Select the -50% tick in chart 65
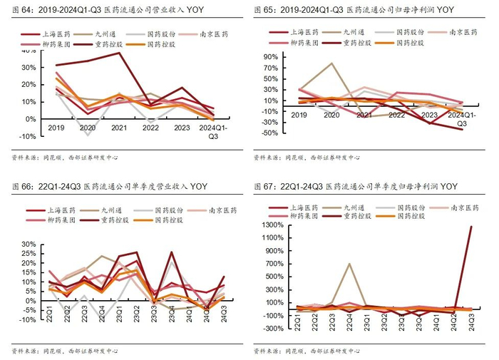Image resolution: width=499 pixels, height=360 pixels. click(269, 133)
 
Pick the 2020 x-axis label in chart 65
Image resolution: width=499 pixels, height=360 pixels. click(332, 115)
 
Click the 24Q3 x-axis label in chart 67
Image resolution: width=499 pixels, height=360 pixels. click(471, 322)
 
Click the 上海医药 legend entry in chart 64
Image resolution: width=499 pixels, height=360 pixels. click(58, 33)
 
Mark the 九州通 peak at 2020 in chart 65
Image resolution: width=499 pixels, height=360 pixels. click(332, 63)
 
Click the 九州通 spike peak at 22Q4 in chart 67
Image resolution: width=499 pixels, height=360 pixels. click(349, 264)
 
